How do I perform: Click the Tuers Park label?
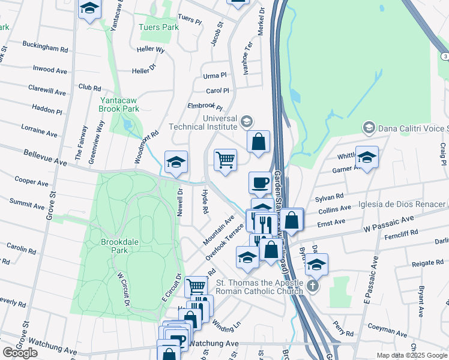[x=158, y=28]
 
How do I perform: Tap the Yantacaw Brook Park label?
[x=119, y=104]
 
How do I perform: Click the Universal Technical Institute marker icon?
[x=246, y=122]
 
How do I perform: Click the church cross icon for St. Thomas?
[x=312, y=286]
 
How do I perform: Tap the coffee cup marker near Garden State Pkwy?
[x=260, y=182]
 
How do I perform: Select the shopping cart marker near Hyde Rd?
[x=226, y=160]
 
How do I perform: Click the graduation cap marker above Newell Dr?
[x=176, y=162]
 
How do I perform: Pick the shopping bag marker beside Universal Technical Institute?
[x=258, y=142]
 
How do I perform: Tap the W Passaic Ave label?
[x=388, y=225]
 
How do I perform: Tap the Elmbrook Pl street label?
[x=200, y=106]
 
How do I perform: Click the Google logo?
[x=20, y=353]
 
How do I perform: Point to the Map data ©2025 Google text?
[x=412, y=355]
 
